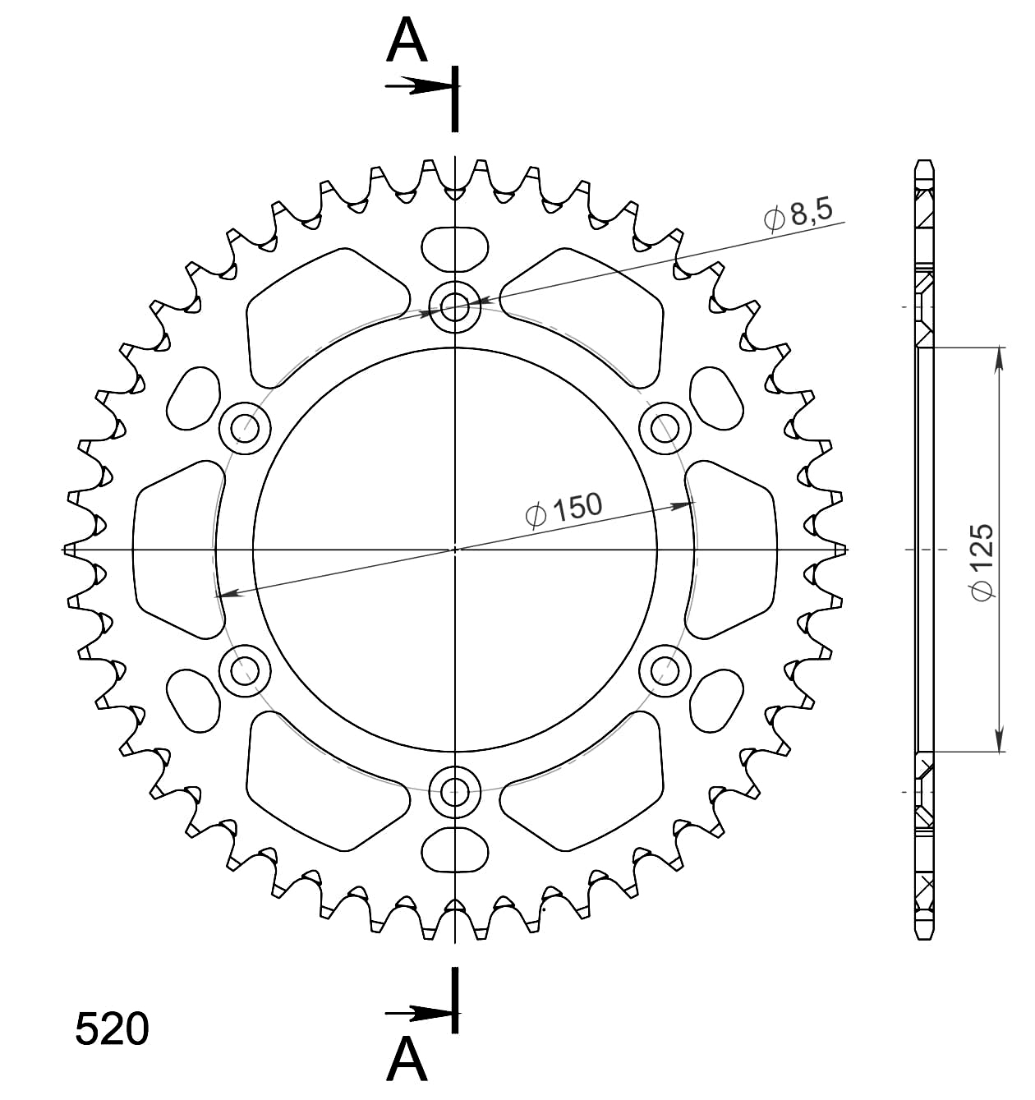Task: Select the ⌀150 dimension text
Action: click(x=563, y=509)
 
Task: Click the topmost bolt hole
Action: click(x=454, y=308)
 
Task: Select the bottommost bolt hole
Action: click(x=454, y=792)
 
